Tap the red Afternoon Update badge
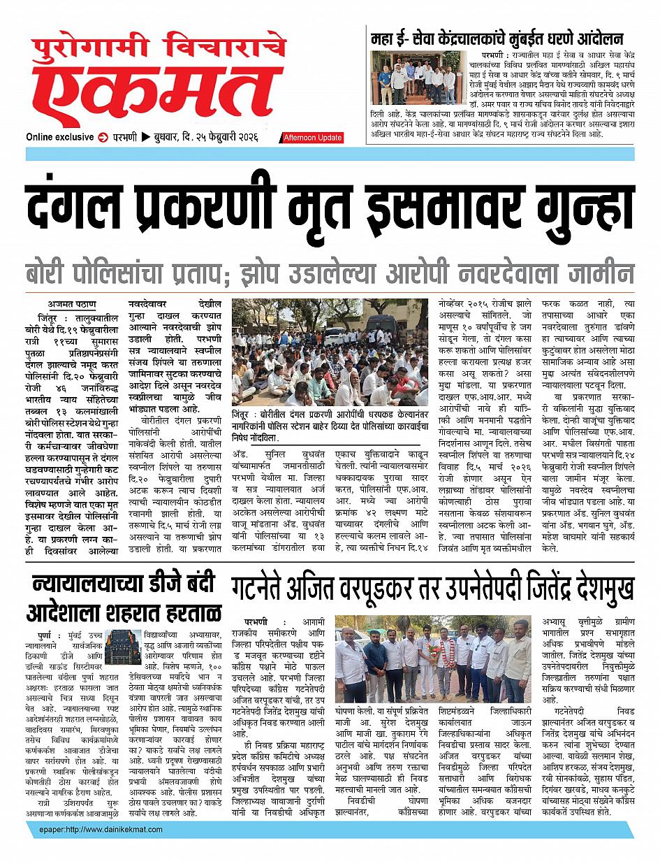(311, 138)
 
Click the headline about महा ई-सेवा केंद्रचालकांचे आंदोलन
(497, 39)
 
